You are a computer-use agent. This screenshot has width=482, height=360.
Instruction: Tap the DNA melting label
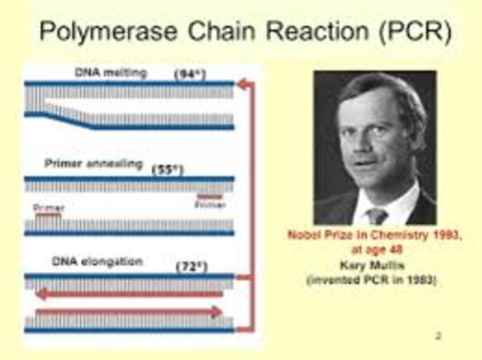[111, 73]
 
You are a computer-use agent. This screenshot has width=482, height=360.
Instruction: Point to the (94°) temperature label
[189, 75]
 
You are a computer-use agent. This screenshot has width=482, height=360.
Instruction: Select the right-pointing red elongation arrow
[128, 311]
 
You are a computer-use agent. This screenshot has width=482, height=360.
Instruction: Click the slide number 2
[438, 335]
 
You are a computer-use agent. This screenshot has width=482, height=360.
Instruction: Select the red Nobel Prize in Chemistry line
[374, 234]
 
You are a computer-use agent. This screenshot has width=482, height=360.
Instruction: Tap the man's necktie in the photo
[376, 215]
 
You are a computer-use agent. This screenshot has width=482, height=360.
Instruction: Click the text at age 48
[374, 246]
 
